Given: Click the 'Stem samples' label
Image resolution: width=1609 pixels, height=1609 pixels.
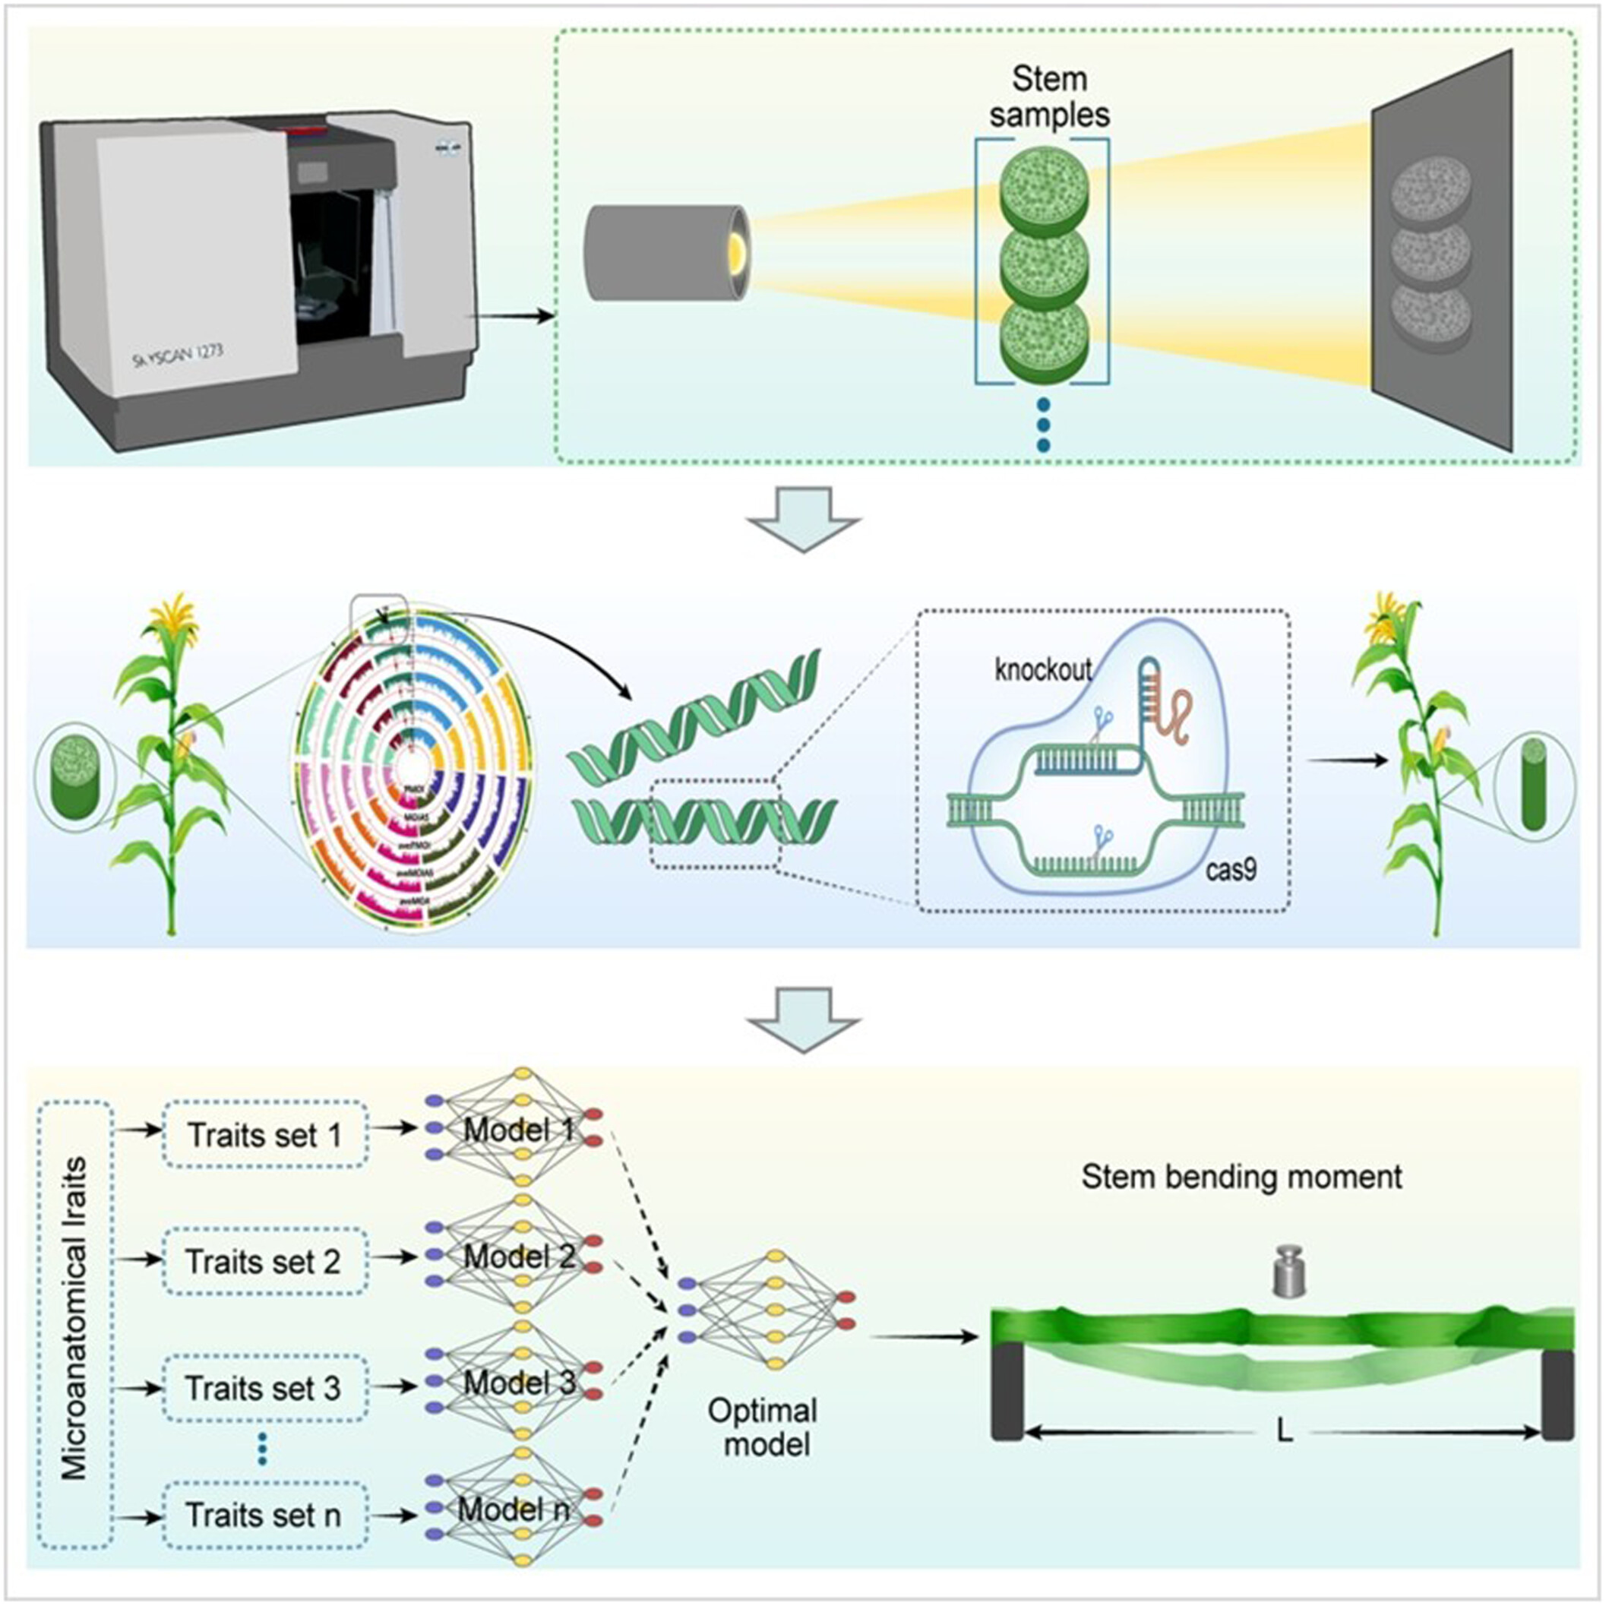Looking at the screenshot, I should (1048, 96).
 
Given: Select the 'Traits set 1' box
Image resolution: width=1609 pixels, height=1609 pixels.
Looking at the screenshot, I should (265, 1135).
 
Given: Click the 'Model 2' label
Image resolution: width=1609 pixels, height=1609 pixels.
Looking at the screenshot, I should (520, 1257).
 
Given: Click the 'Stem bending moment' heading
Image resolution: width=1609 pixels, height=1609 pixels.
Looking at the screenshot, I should (1241, 1177).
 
